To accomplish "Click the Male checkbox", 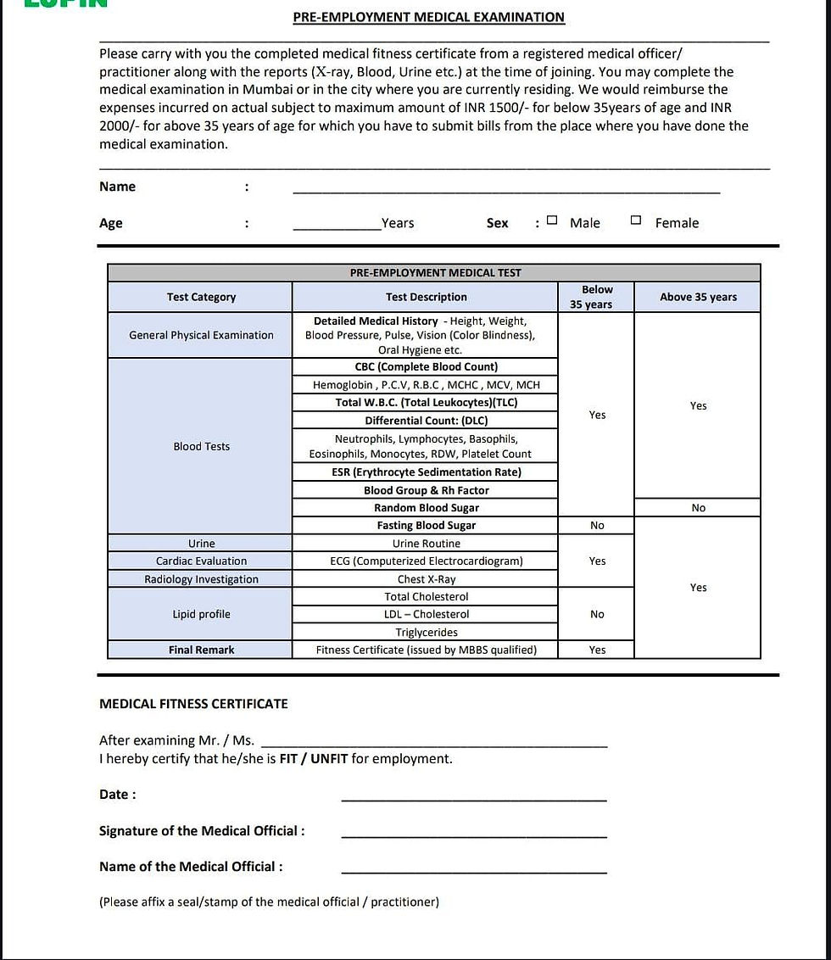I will click(x=552, y=220).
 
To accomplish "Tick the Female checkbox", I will click(x=636, y=220).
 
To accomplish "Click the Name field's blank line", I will click(x=506, y=187).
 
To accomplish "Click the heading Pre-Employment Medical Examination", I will click(x=428, y=17).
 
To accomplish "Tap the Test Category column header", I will click(x=201, y=297).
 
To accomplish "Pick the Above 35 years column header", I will click(x=698, y=297).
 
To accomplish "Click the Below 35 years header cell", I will click(x=597, y=297).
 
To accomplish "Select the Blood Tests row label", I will click(x=201, y=446).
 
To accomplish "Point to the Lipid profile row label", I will click(x=201, y=614).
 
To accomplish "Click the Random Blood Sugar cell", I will click(x=426, y=508).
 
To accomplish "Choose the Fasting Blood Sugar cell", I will click(x=426, y=526).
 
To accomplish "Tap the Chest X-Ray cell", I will click(x=426, y=579).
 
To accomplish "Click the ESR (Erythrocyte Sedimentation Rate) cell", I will click(x=426, y=472).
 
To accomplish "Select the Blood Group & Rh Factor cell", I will click(x=426, y=490).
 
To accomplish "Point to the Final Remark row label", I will click(x=201, y=650).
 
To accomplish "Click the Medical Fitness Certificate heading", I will click(x=193, y=704).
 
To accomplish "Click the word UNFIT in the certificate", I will click(x=329, y=759).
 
